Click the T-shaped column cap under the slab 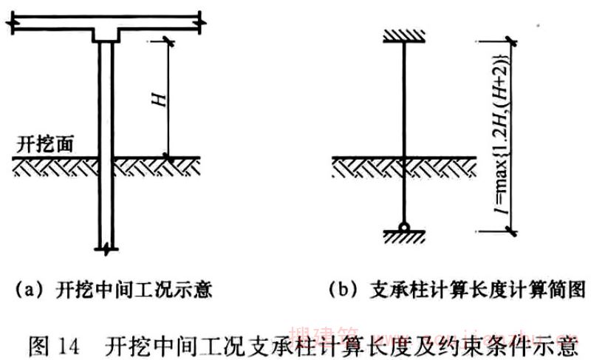click(x=106, y=35)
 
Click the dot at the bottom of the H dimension click(x=169, y=157)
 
